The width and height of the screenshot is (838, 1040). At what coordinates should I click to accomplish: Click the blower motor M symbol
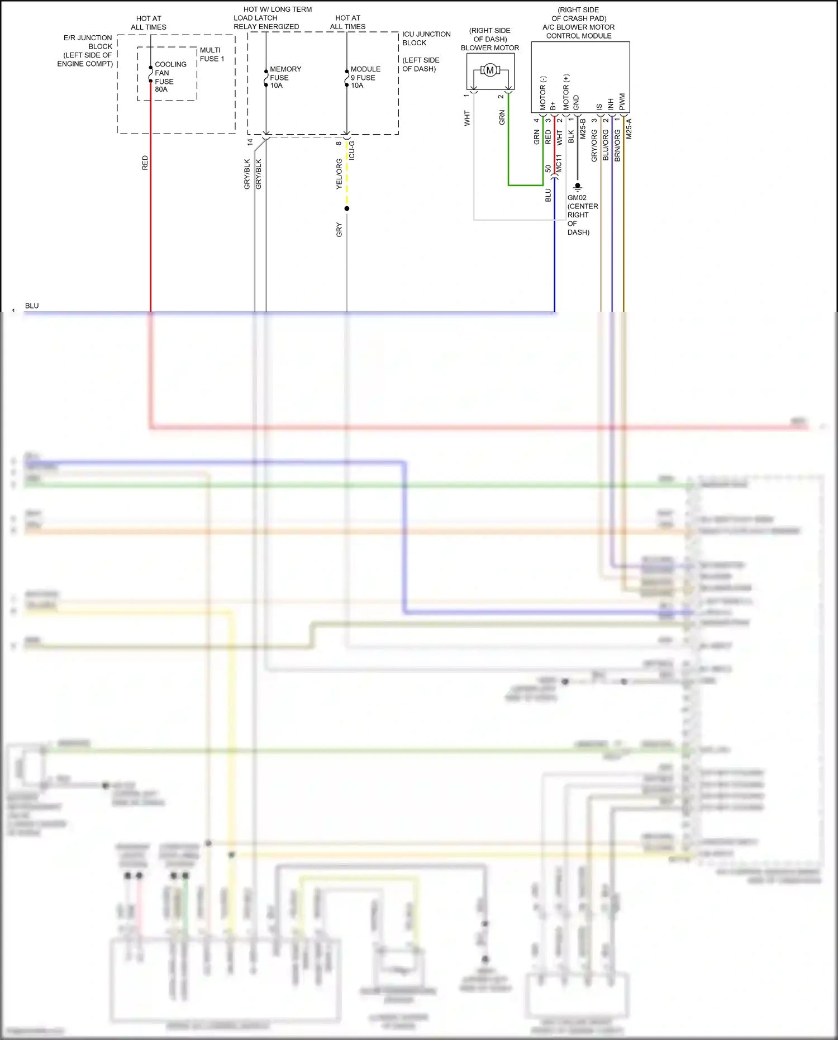pyautogui.click(x=490, y=70)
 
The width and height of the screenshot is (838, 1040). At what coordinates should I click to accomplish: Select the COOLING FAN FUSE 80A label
pyautogui.click(x=170, y=77)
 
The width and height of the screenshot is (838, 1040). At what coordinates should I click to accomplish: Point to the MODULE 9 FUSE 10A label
pyautogui.click(x=365, y=77)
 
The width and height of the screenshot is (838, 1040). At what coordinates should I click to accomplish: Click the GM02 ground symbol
pyautogui.click(x=578, y=187)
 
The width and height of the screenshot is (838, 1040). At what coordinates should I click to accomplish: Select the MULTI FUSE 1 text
pyautogui.click(x=212, y=54)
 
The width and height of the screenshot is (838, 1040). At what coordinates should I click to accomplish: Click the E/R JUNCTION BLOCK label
pyautogui.click(x=87, y=50)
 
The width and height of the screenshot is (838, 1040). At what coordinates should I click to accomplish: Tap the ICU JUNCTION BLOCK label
pyautogui.click(x=426, y=39)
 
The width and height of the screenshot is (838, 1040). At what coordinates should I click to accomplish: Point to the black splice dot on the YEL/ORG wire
pyautogui.click(x=347, y=208)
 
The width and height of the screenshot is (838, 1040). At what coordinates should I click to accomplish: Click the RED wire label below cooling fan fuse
pyautogui.click(x=145, y=163)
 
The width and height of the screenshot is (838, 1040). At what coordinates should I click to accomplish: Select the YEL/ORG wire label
pyautogui.click(x=339, y=174)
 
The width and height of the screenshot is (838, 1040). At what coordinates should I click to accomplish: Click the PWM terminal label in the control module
pyautogui.click(x=622, y=101)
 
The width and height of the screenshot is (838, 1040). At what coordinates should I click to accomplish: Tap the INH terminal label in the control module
pyautogui.click(x=611, y=104)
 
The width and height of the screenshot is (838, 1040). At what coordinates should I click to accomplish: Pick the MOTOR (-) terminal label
pyautogui.click(x=542, y=93)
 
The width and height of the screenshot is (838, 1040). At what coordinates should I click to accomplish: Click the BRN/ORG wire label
pyautogui.click(x=617, y=146)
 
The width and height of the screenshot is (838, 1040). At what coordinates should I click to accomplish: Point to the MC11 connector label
pyautogui.click(x=559, y=164)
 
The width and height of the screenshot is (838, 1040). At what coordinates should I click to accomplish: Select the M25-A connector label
pyautogui.click(x=629, y=129)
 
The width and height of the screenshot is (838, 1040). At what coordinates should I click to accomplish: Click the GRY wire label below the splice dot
pyautogui.click(x=339, y=230)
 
